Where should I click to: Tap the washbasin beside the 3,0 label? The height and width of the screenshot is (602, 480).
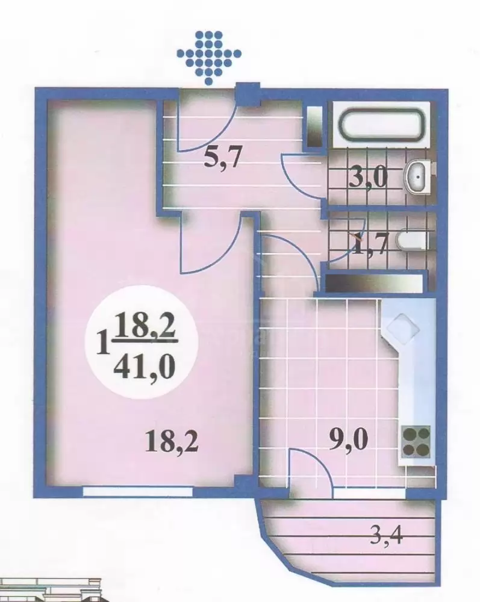pyautogui.click(x=417, y=178)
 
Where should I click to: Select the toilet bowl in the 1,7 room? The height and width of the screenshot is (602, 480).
pyautogui.click(x=413, y=240)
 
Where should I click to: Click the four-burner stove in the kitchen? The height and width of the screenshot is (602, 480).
pyautogui.click(x=416, y=441)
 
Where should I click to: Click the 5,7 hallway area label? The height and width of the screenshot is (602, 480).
pyautogui.click(x=223, y=157)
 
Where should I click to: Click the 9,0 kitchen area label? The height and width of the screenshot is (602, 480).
pyautogui.click(x=349, y=441)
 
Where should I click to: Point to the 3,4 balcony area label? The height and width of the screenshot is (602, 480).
pyautogui.click(x=386, y=536)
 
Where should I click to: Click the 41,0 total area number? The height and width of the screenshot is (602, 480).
pyautogui.click(x=145, y=368)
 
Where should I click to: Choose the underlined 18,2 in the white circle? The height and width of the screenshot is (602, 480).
pyautogui.click(x=145, y=326)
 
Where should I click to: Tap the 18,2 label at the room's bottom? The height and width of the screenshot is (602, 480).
pyautogui.click(x=172, y=441)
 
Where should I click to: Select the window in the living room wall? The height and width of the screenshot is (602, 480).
pyautogui.click(x=138, y=492)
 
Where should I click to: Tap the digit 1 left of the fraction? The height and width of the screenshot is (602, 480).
pyautogui.click(x=102, y=344)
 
